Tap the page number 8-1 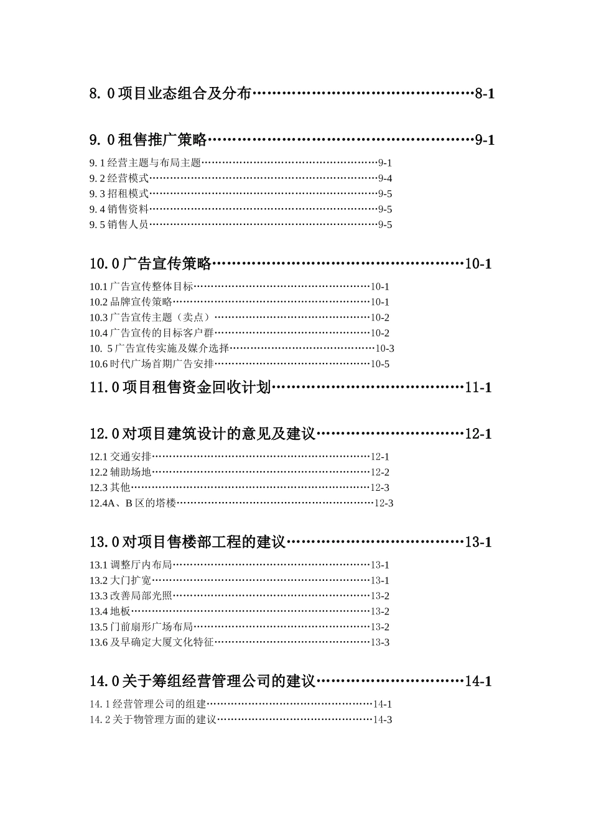(x=485, y=94)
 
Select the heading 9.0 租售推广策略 (x=147, y=140)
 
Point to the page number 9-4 (x=385, y=178)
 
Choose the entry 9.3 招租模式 (x=119, y=194)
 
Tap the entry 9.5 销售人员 (x=119, y=225)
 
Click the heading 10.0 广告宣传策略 (x=150, y=263)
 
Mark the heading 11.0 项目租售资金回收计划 (x=180, y=387)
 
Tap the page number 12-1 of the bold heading (x=478, y=434)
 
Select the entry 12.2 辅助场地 (x=120, y=472)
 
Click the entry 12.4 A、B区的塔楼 (x=133, y=503)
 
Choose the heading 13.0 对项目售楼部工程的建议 (x=187, y=542)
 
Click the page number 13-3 (x=380, y=642)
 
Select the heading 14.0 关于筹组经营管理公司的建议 (x=203, y=681)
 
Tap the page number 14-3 (x=383, y=719)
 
